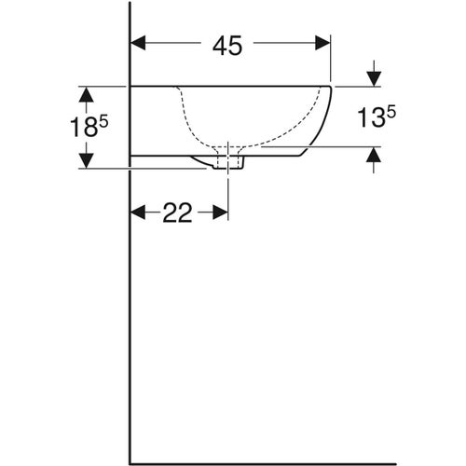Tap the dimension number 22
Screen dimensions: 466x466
(178, 213)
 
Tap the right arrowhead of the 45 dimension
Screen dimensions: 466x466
(323, 42)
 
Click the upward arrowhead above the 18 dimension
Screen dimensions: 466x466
(87, 93)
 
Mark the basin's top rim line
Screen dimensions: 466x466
(233, 86)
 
